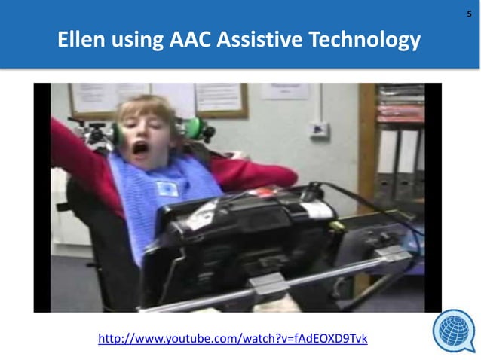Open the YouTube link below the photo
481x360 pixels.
(x=233, y=339)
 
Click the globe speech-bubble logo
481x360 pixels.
(x=454, y=332)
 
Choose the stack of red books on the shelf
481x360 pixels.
(x=402, y=109)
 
